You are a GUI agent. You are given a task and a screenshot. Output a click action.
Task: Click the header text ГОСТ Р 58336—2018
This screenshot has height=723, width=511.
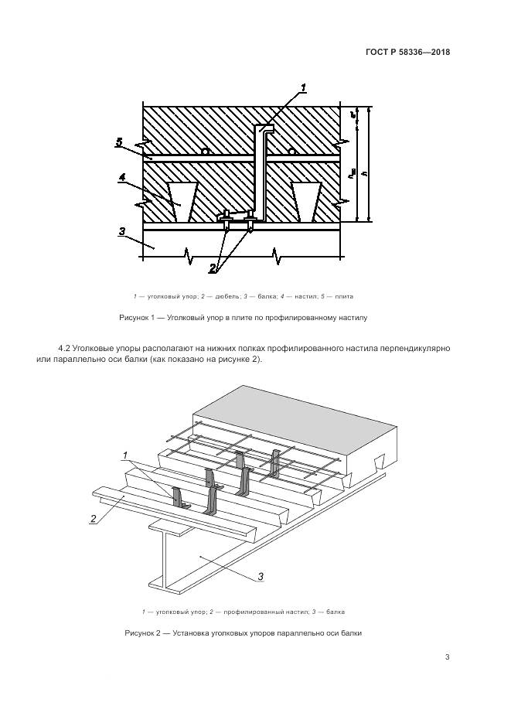pyautogui.click(x=407, y=53)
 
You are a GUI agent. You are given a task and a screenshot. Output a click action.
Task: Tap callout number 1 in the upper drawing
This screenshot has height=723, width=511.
pyautogui.click(x=304, y=87)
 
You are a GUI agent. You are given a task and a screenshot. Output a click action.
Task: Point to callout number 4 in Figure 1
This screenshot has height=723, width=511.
pyautogui.click(x=122, y=178)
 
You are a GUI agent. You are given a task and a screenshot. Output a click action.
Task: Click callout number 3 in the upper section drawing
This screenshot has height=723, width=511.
pyautogui.click(x=121, y=230)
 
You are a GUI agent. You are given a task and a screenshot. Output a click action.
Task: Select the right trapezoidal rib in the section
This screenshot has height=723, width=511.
pyautogui.click(x=305, y=200)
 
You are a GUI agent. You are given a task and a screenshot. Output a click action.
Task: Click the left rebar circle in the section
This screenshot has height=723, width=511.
pyautogui.click(x=205, y=152)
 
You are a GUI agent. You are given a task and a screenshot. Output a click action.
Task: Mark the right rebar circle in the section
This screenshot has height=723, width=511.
pyautogui.click(x=291, y=152)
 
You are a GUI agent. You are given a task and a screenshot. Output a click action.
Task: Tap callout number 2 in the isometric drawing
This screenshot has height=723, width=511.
pyautogui.click(x=92, y=518)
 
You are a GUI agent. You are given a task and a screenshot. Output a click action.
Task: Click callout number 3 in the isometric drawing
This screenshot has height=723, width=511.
pyautogui.click(x=260, y=576)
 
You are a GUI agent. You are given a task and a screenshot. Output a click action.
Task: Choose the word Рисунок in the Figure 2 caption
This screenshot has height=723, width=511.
pyautogui.click(x=141, y=633)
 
